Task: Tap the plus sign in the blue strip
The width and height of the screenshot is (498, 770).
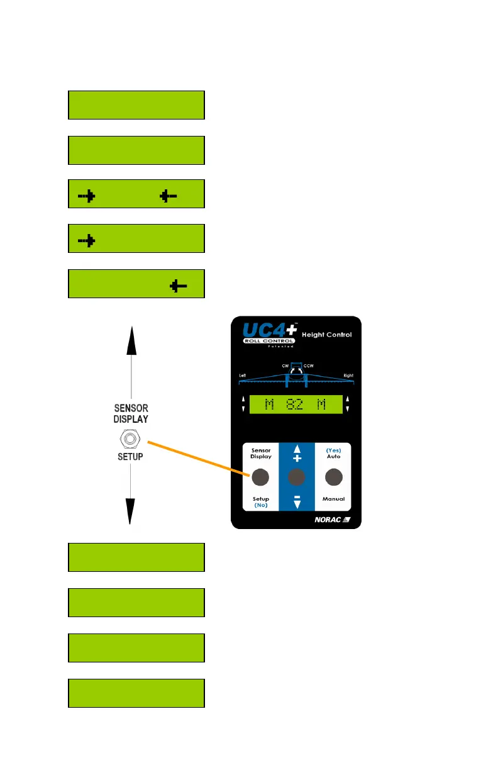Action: point(296,459)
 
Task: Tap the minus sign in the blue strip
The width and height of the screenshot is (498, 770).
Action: point(296,497)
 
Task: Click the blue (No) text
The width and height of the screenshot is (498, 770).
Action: point(260,505)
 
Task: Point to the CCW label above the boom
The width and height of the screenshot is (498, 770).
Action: point(309,365)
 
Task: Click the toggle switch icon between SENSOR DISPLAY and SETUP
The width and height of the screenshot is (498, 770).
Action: point(130,438)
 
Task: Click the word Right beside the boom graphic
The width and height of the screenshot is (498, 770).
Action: point(348,376)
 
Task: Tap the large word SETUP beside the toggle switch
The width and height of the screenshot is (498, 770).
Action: point(130,457)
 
